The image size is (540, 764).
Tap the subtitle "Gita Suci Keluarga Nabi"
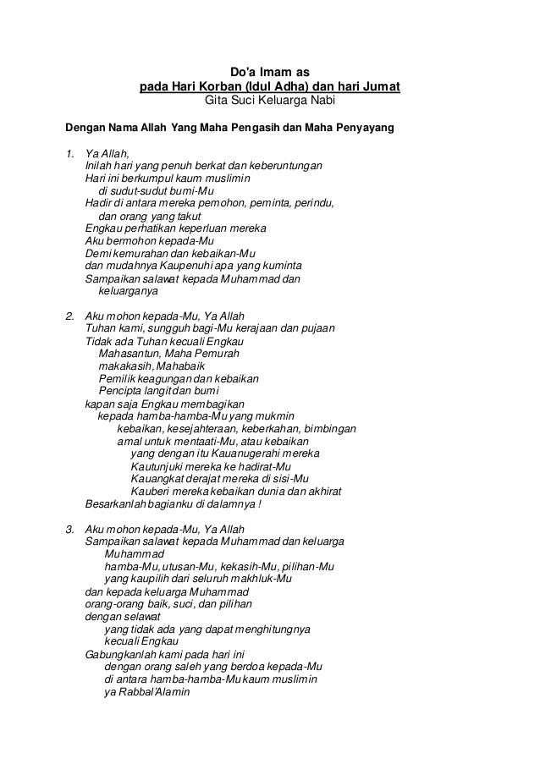(270, 102)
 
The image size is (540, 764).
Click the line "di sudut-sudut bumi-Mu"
(157, 191)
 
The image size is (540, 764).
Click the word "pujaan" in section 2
(318, 328)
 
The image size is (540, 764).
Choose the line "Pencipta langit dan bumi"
(158, 391)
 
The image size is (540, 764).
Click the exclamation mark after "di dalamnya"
(259, 505)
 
